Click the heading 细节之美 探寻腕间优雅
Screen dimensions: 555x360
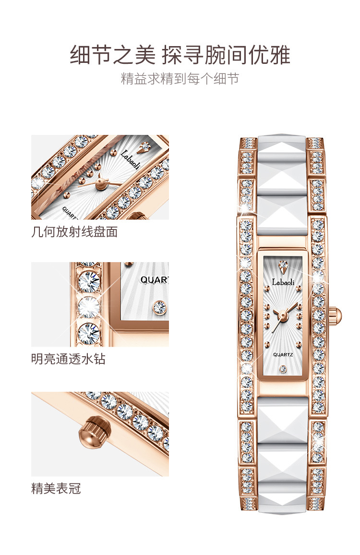(180, 54)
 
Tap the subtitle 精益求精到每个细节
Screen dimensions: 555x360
(180, 79)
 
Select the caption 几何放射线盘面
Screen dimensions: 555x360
(74, 232)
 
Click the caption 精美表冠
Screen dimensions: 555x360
(56, 489)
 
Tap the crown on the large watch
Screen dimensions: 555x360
(337, 315)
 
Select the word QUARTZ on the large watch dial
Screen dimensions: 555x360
(283, 354)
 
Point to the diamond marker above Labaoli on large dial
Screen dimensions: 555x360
(283, 265)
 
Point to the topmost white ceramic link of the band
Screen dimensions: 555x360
(282, 154)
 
